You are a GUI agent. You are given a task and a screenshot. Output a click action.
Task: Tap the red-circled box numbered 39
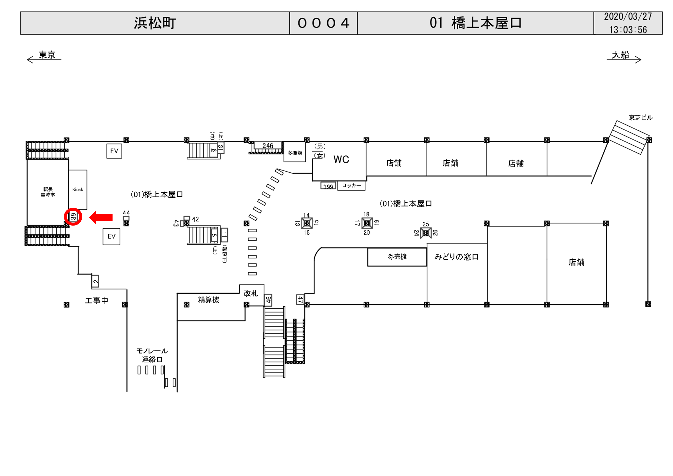pyautogui.click(x=73, y=217)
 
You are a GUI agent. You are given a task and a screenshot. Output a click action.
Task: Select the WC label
pyautogui.click(x=341, y=160)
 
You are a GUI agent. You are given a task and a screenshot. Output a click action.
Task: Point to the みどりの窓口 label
pyautogui.click(x=456, y=257)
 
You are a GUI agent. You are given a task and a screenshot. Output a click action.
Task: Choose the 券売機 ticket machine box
pyautogui.click(x=397, y=257)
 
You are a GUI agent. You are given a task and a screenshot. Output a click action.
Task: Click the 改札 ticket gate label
pyautogui.click(x=251, y=293)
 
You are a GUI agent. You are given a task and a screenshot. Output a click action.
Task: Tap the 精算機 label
pyautogui.click(x=208, y=300)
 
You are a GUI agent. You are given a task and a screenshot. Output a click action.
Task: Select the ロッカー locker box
pyautogui.click(x=351, y=186)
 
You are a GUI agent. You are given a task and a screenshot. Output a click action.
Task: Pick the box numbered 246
pyautogui.click(x=268, y=146)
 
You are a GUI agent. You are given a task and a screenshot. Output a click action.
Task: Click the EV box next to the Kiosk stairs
pyautogui.click(x=111, y=237)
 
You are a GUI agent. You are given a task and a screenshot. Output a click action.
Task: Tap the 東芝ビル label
pyautogui.click(x=640, y=118)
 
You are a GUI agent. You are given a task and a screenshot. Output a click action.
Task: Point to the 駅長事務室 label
pyautogui.click(x=48, y=192)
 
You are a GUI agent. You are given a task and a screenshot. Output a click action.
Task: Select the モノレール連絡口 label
pyautogui.click(x=152, y=355)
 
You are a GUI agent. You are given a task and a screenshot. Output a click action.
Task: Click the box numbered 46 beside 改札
pyautogui.click(x=268, y=300)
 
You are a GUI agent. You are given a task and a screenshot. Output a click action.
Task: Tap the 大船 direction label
pyautogui.click(x=620, y=55)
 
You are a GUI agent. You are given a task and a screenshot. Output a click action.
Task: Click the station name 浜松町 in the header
pyautogui.click(x=155, y=23)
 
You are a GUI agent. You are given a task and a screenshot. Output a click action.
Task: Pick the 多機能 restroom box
pyautogui.click(x=295, y=153)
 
